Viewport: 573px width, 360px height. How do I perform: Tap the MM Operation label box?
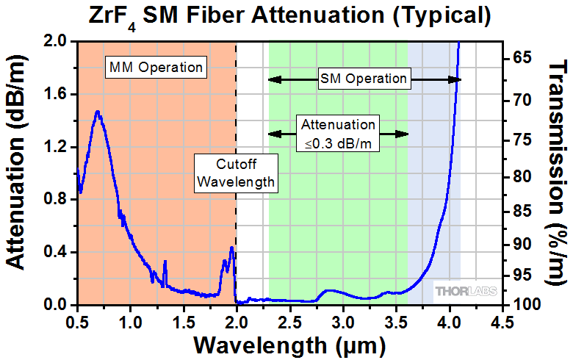pyautogui.click(x=155, y=67)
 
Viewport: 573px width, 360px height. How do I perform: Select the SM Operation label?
pyautogui.click(x=363, y=78)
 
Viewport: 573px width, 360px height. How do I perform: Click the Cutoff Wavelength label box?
pyautogui.click(x=236, y=172)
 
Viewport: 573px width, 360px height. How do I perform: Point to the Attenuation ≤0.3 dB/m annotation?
pyautogui.click(x=338, y=134)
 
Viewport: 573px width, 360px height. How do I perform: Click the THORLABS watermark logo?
pyautogui.click(x=466, y=292)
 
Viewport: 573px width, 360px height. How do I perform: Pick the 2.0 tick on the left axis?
pyautogui.click(x=56, y=41)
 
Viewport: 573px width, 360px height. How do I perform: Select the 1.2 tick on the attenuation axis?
pyautogui.click(x=56, y=147)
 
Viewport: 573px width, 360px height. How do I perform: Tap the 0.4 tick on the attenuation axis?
pyautogui.click(x=56, y=252)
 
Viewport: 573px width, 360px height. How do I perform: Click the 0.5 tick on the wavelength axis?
pyautogui.click(x=77, y=322)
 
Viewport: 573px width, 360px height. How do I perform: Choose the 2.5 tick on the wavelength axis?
pyautogui.click(x=289, y=322)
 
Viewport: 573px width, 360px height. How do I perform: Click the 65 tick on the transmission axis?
pyautogui.click(x=517, y=58)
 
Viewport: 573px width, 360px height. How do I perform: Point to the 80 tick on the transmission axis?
pyautogui.click(x=517, y=177)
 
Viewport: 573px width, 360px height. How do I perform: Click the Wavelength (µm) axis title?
pyautogui.click(x=288, y=345)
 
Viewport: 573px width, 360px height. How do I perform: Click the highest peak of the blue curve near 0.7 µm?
pyautogui.click(x=97, y=112)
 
